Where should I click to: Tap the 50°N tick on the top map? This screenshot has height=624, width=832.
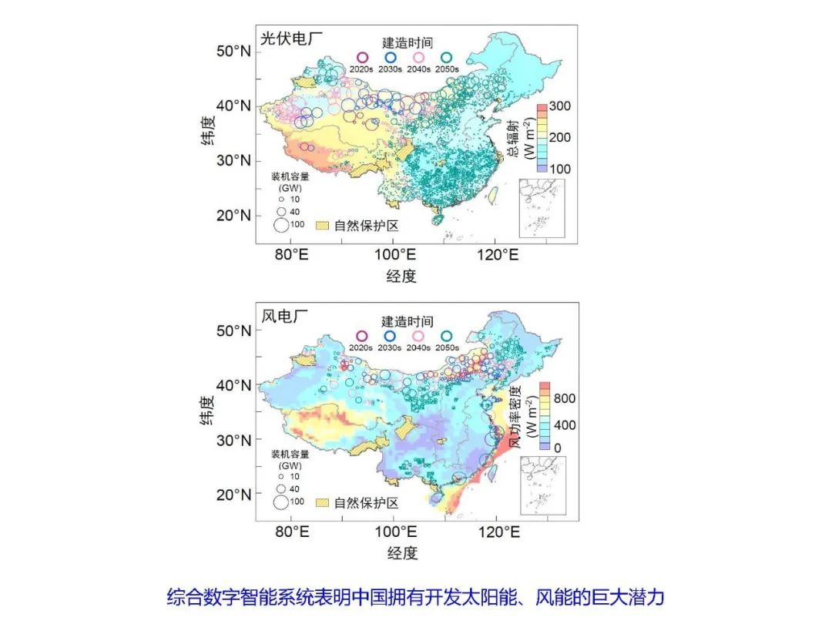[x=233, y=51]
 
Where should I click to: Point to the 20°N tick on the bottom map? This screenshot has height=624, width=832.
[x=233, y=495]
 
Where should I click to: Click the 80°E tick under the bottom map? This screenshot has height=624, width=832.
[x=292, y=532]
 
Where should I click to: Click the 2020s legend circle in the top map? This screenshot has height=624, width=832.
[x=361, y=58]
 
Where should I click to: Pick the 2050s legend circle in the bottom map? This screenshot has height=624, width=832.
[x=447, y=337]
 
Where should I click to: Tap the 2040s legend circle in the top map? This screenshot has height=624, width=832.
[x=418, y=58]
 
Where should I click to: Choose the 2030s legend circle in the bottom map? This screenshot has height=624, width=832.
[x=390, y=337]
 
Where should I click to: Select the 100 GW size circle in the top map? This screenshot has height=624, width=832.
[x=281, y=225]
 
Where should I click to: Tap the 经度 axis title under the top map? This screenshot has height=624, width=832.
[x=401, y=276]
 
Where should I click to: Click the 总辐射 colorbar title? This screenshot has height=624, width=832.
[x=512, y=139]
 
